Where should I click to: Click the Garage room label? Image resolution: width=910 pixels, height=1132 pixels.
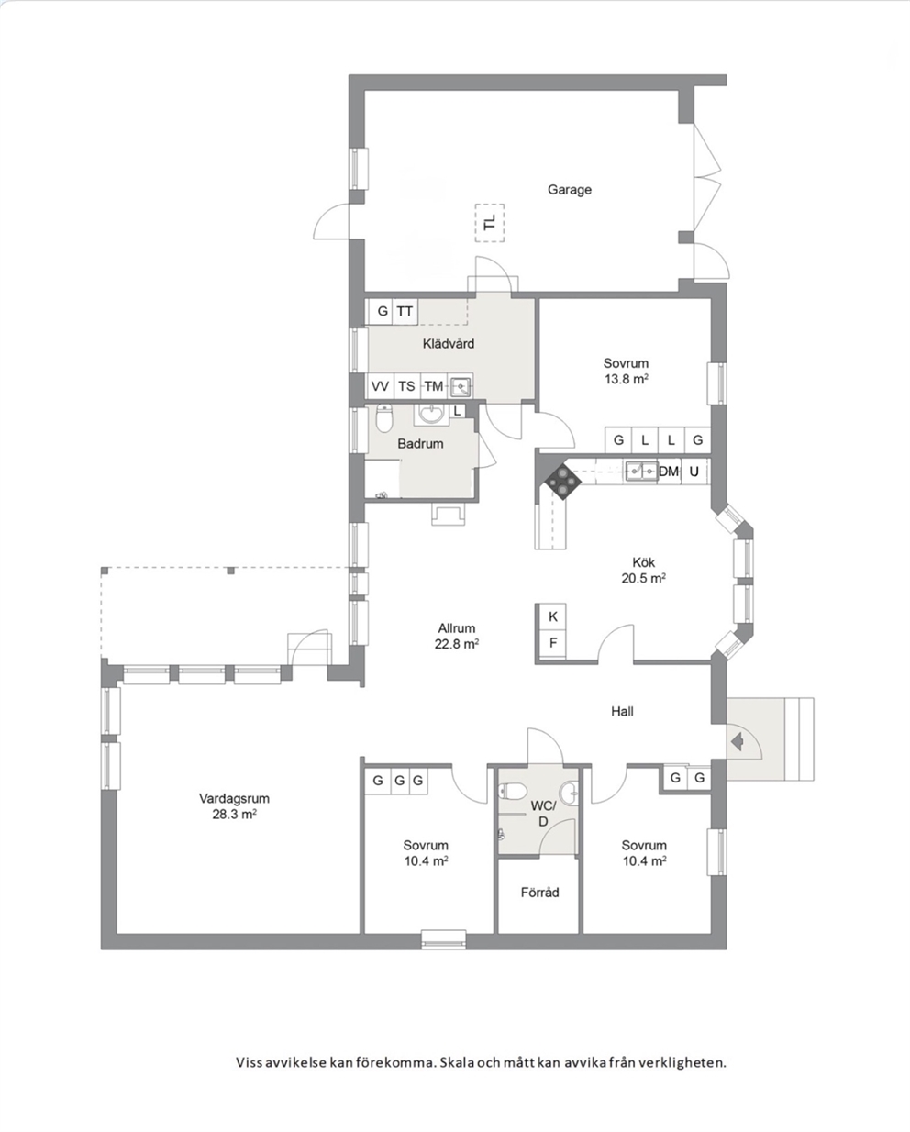tap(569, 189)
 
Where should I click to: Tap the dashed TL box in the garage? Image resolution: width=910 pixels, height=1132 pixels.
tap(490, 223)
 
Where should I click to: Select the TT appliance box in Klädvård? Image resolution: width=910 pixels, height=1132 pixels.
tap(405, 311)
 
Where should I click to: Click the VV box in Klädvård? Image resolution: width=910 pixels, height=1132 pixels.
tap(380, 386)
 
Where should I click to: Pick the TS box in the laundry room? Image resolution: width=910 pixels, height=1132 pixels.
tap(406, 386)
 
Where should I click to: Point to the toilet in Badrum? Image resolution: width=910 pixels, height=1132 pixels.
tap(385, 418)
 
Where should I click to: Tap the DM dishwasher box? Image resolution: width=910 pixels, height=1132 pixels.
tap(669, 472)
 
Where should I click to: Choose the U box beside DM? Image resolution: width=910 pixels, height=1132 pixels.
tap(694, 472)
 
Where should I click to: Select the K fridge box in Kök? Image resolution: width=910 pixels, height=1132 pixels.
tap(552, 616)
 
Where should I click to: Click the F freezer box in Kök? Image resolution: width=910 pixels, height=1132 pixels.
tap(552, 643)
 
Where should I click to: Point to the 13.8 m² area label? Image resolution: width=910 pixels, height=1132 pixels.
tap(626, 379)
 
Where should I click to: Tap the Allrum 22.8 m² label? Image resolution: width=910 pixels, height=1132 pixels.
tap(457, 636)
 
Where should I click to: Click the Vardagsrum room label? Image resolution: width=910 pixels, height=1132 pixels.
tap(234, 798)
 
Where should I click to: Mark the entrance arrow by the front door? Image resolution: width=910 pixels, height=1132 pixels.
tap(737, 742)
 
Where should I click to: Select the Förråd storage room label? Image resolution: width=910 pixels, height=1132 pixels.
tap(539, 893)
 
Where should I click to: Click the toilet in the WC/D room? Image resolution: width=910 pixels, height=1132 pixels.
tap(513, 790)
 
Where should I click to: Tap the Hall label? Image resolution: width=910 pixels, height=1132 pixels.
tap(622, 712)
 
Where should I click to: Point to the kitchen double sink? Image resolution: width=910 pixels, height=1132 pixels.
tap(641, 471)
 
